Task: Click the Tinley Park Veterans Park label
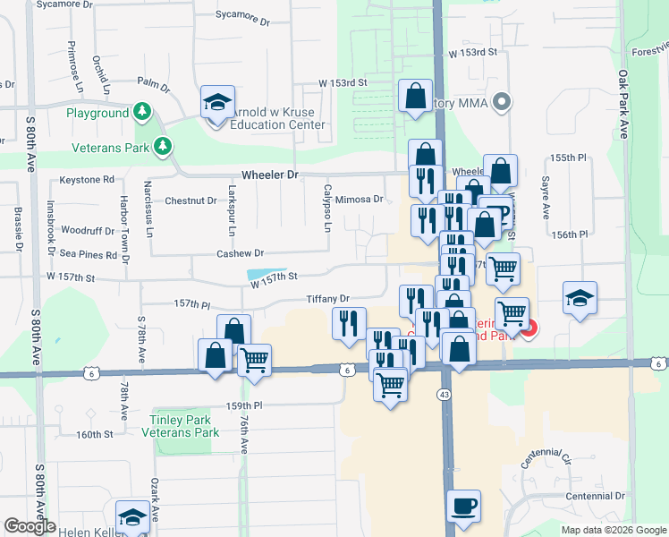click(x=180, y=426)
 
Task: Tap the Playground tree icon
click(x=141, y=113)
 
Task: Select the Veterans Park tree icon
click(x=162, y=145)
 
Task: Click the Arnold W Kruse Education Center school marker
click(x=216, y=103)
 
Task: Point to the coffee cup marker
click(x=463, y=507)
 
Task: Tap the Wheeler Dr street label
click(x=268, y=175)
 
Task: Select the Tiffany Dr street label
click(x=326, y=299)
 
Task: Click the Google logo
click(x=30, y=526)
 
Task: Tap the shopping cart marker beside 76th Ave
click(x=255, y=361)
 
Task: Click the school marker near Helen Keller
click(x=132, y=517)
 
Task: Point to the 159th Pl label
click(x=244, y=405)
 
